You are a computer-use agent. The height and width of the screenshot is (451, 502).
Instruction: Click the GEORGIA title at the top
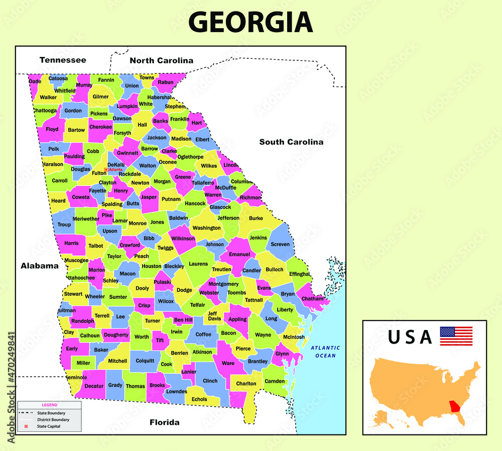[x=250, y=23]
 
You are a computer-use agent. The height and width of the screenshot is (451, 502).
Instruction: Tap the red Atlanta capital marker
[x=106, y=170]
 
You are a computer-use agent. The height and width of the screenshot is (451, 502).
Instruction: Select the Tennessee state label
[x=63, y=60]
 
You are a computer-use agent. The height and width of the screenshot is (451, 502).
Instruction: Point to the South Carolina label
[x=291, y=142]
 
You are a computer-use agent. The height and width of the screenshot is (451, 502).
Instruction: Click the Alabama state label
[x=40, y=266]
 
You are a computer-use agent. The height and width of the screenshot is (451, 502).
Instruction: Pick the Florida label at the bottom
[x=164, y=422]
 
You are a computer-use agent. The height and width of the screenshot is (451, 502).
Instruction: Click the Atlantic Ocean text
[x=325, y=352]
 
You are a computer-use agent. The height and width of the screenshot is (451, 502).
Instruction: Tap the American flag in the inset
[x=456, y=335]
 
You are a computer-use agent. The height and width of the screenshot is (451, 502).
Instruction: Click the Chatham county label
[x=313, y=299]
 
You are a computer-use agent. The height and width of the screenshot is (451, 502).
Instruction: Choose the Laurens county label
[x=198, y=264]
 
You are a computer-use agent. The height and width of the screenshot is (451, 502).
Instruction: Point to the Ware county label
[x=228, y=363]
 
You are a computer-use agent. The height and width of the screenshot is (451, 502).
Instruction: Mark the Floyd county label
[x=52, y=130]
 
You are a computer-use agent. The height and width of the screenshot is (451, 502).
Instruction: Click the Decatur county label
[x=94, y=386]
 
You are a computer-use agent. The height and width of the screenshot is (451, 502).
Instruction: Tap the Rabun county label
[x=166, y=82]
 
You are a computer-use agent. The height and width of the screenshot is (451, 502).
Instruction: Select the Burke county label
[x=256, y=218]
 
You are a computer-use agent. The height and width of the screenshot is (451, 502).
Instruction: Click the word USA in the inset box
[x=410, y=337]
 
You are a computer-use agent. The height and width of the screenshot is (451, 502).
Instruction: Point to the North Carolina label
[x=161, y=61]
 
